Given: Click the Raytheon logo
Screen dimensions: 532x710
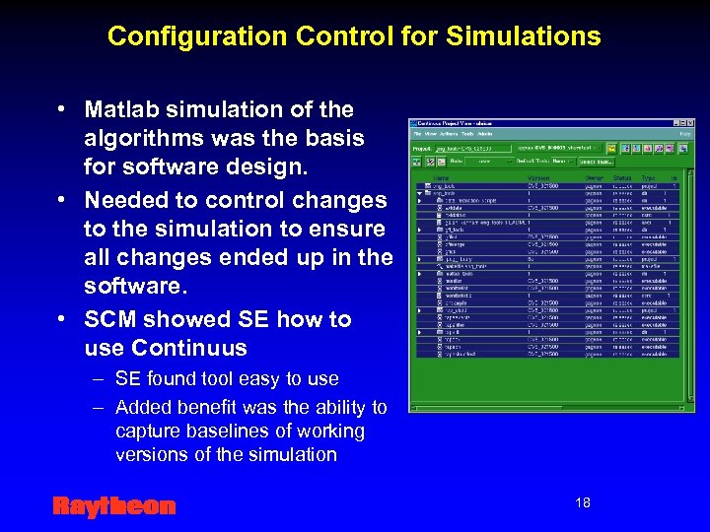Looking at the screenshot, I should (113, 506).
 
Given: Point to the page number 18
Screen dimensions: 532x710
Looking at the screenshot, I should (583, 503).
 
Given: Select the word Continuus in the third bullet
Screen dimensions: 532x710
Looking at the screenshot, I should (166, 348).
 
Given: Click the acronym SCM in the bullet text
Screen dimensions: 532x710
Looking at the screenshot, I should (109, 319).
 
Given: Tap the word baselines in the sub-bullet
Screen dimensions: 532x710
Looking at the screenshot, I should (225, 432).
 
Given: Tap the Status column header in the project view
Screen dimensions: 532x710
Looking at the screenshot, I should (621, 178).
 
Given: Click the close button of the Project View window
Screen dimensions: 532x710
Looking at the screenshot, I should (688, 123).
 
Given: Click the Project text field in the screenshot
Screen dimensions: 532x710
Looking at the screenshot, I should (473, 148).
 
